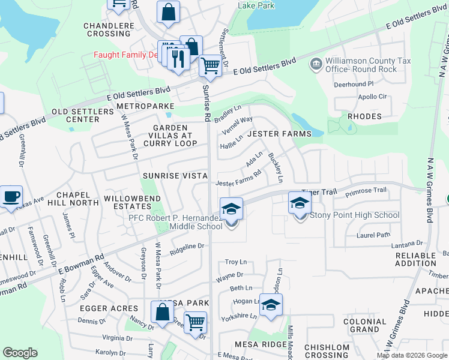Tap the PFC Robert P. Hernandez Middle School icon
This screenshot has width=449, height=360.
click(x=231, y=209)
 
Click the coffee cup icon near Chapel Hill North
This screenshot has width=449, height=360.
click(x=11, y=196)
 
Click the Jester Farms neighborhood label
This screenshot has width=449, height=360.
click(x=280, y=134)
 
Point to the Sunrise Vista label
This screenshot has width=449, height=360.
click(x=175, y=176)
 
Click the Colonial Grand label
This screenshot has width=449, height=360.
click(x=365, y=325)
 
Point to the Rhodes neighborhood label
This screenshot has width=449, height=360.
click(x=364, y=116)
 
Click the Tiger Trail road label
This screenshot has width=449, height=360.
click(x=318, y=192)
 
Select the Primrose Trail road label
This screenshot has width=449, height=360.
click(x=366, y=190)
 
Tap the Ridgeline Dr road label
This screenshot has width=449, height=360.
click(x=187, y=246)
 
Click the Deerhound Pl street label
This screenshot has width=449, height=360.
click(x=354, y=85)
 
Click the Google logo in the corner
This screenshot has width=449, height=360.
click(x=20, y=353)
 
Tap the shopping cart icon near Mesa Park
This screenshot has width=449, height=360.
click(x=195, y=323)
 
